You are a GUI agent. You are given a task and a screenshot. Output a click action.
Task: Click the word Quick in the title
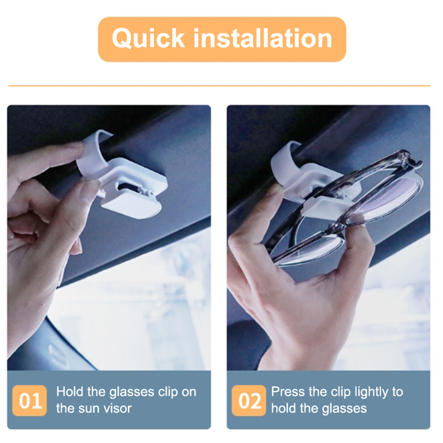[148, 38]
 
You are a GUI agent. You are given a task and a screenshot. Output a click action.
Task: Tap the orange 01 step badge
[30, 400]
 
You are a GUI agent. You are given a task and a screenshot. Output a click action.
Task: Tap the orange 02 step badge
[249, 400]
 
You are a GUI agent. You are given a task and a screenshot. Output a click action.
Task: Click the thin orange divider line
[219, 86]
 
